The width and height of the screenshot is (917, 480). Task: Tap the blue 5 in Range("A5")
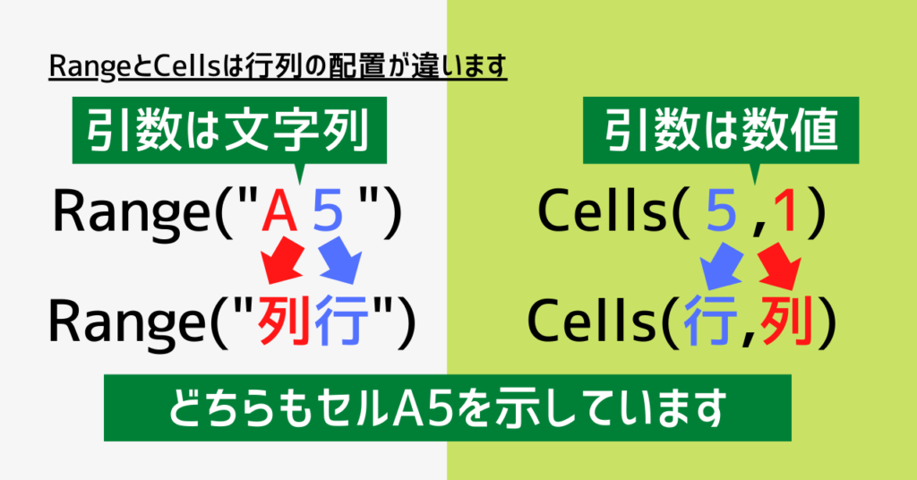[328, 211]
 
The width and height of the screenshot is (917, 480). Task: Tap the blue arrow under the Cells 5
[721, 266]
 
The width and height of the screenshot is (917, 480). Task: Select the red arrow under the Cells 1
[781, 266]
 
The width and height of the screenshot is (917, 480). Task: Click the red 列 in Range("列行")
[284, 322]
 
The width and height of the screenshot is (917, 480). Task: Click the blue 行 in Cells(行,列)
[710, 322]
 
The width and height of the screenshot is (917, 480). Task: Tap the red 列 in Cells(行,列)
[787, 322]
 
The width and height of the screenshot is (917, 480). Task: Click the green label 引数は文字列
[229, 131]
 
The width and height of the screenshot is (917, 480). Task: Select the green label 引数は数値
[721, 131]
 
